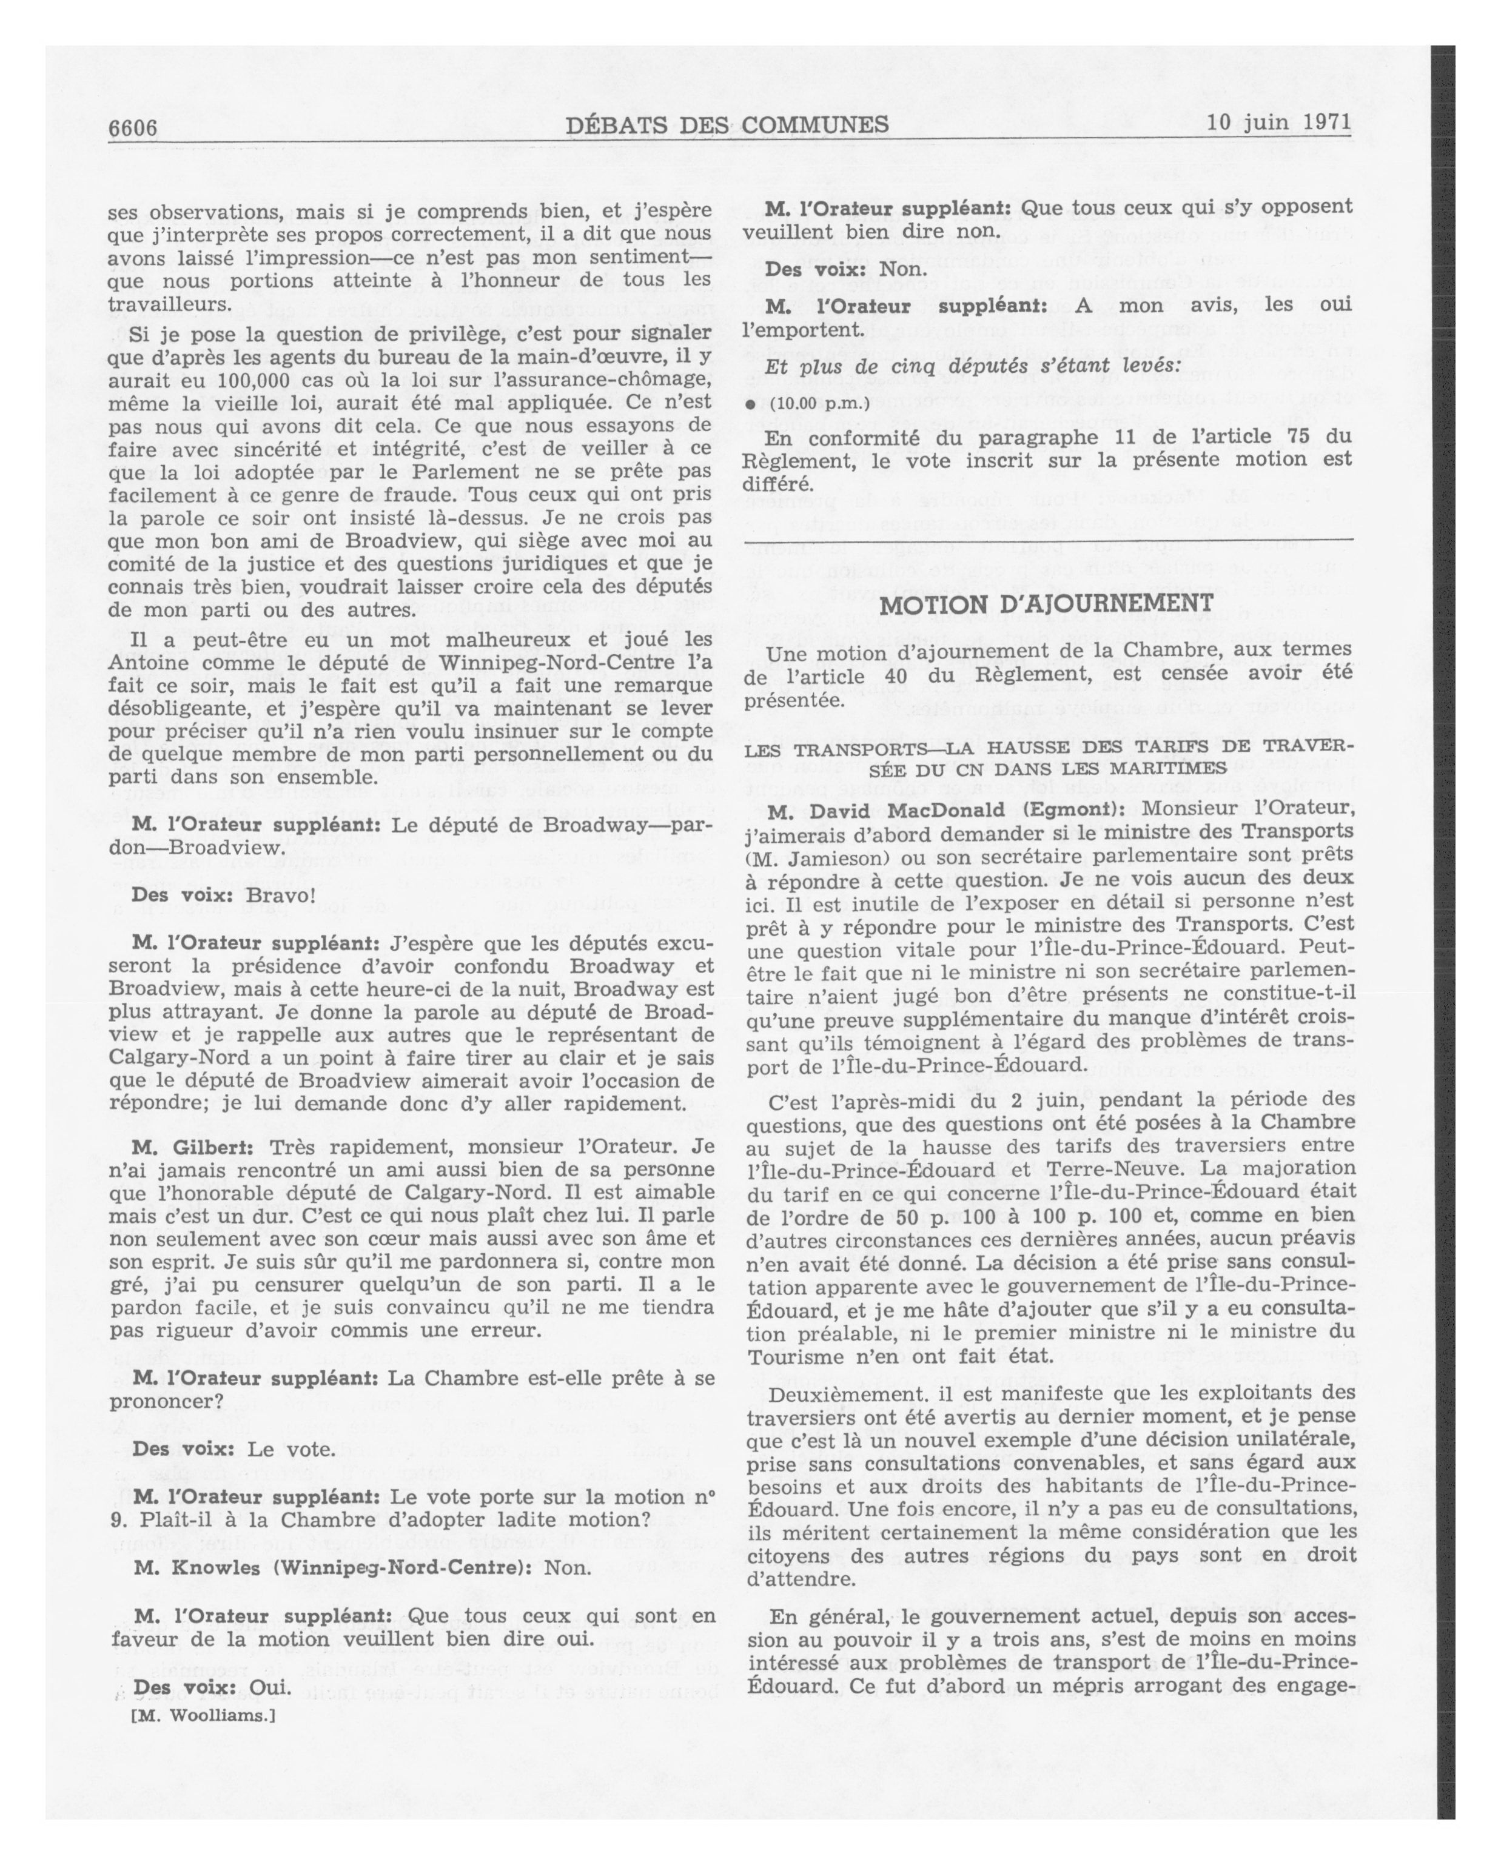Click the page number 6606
click(132, 128)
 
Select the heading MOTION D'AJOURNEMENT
click(1046, 603)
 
